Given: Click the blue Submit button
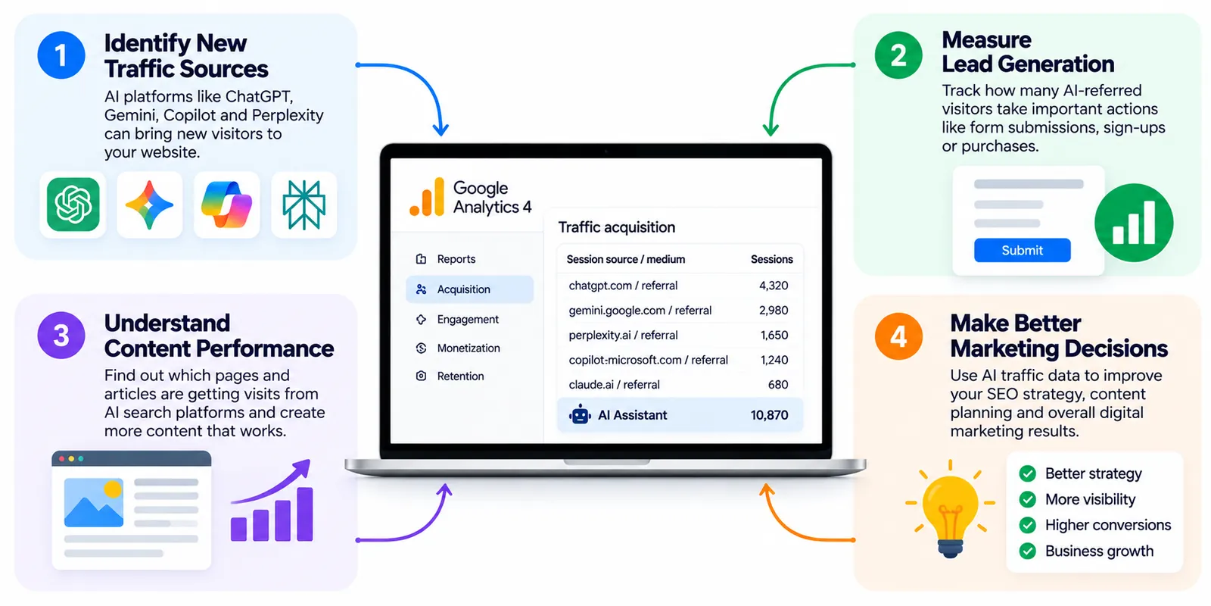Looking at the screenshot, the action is [x=1022, y=250].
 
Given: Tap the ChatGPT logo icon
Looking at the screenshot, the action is [x=73, y=205].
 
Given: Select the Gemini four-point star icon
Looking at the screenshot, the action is [x=149, y=205].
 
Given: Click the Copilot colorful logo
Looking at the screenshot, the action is [x=226, y=205].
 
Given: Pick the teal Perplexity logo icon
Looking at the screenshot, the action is [x=304, y=205].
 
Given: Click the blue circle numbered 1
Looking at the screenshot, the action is [x=61, y=55].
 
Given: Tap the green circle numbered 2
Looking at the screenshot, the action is [x=898, y=55].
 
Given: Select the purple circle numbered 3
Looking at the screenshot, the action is [x=61, y=336].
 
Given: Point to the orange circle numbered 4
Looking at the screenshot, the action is [x=898, y=336].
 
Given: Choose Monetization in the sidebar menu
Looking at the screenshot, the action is [x=469, y=348].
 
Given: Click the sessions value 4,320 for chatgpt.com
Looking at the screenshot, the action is [x=774, y=286].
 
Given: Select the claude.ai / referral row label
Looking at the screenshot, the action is [x=614, y=385].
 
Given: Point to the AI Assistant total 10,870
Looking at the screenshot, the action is [x=769, y=415].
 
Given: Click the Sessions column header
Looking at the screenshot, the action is [x=771, y=259].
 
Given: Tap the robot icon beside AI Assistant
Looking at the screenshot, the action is [x=580, y=414].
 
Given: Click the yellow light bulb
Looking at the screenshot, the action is [x=950, y=508].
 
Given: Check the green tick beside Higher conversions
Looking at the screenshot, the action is [x=1027, y=525].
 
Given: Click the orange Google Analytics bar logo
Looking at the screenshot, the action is [x=427, y=197].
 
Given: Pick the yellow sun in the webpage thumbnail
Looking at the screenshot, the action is [x=113, y=489].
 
